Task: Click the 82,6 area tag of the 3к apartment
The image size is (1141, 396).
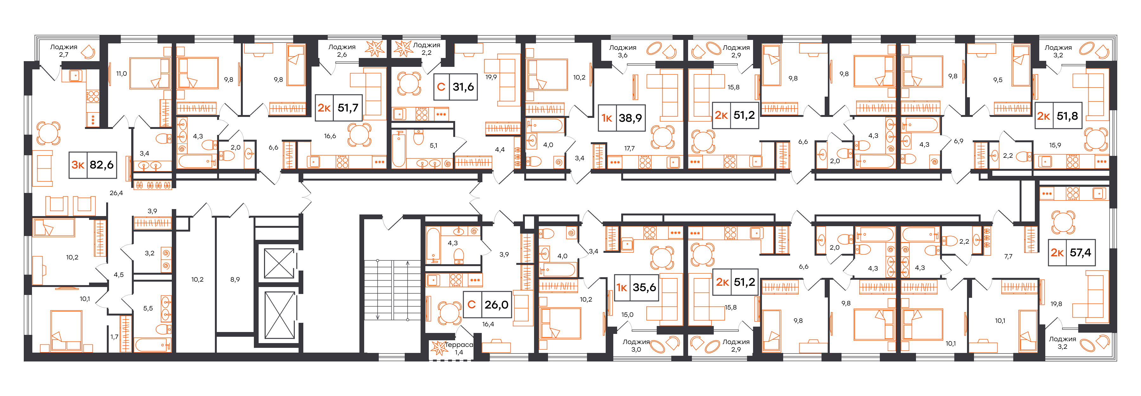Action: click(x=93, y=165)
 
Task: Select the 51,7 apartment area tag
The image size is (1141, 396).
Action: click(x=339, y=108)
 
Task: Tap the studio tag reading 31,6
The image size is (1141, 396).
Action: click(x=455, y=87)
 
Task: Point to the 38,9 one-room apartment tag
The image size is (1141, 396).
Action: click(x=622, y=118)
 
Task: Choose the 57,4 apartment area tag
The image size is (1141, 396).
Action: click(x=1072, y=252)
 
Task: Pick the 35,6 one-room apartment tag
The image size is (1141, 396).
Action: click(x=636, y=287)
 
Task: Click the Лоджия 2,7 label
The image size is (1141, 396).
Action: click(x=64, y=50)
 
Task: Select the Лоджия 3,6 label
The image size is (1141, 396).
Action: click(x=623, y=51)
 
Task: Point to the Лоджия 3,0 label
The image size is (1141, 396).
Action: click(x=636, y=346)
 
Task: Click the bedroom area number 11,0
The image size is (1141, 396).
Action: click(x=121, y=73)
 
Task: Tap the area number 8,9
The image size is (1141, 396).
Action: click(x=235, y=279)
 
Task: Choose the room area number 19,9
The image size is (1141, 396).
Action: click(x=491, y=77)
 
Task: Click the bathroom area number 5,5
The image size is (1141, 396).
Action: click(x=148, y=308)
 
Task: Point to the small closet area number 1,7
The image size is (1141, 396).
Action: click(x=114, y=337)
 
